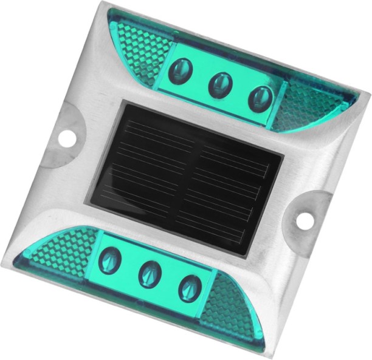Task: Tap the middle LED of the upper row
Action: point(220,84)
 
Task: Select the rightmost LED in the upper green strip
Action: point(260,98)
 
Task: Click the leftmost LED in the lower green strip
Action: point(111,260)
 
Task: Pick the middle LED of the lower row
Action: point(149,275)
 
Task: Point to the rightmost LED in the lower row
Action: point(190,288)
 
